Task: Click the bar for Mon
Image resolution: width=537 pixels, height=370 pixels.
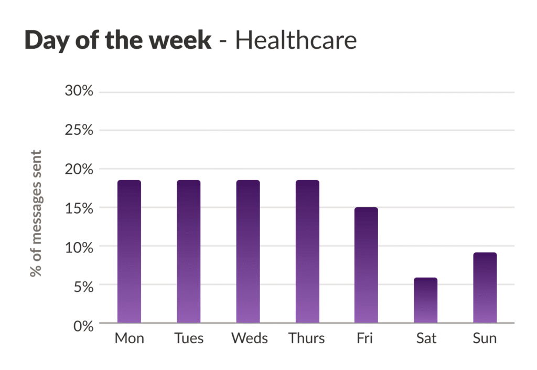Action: click(129, 251)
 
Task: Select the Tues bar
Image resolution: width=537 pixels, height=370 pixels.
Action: click(188, 251)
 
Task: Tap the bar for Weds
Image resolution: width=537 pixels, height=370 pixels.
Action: click(248, 251)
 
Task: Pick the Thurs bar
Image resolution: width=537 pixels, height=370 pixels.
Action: click(307, 251)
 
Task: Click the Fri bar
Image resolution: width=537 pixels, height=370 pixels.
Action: click(366, 265)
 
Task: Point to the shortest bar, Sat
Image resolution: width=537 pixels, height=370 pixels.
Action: click(425, 300)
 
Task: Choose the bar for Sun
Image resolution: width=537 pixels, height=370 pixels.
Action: click(485, 288)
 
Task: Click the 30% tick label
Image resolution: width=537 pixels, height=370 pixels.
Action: click(79, 91)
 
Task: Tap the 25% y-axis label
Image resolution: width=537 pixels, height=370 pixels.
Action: click(79, 130)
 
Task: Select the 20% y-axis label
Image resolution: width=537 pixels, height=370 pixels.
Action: click(79, 169)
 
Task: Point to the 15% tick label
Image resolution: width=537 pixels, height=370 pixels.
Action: click(79, 208)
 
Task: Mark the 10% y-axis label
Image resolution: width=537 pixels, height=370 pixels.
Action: click(79, 247)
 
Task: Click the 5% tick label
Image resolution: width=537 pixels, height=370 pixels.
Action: click(83, 286)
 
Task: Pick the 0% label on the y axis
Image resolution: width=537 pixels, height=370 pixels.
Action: click(83, 325)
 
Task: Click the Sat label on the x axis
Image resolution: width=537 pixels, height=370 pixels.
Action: click(426, 339)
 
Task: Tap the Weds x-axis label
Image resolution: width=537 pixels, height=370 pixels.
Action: click(250, 339)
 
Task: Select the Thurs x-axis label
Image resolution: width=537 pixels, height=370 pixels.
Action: click(307, 339)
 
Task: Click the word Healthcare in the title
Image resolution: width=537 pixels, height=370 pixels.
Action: click(296, 41)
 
